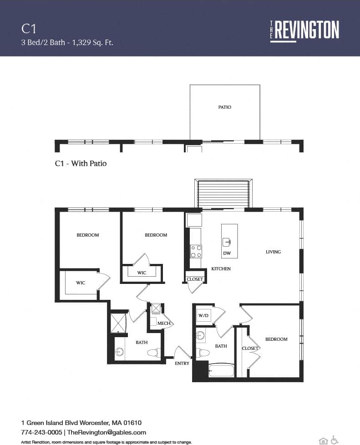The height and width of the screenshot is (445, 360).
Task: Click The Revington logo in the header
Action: pyautogui.click(x=304, y=30)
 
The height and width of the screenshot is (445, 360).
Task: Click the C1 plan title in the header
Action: pyautogui.click(x=29, y=29)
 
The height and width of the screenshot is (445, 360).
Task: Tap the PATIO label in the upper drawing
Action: pyautogui.click(x=224, y=107)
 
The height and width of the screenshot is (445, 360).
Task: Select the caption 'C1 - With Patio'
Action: pyautogui.click(x=81, y=163)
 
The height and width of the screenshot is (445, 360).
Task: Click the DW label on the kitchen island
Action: pyautogui.click(x=227, y=253)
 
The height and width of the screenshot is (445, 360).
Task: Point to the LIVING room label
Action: pyautogui.click(x=273, y=252)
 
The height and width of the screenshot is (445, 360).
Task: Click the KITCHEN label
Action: pyautogui.click(x=221, y=269)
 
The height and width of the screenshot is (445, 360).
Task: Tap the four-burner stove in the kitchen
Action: pyautogui.click(x=196, y=251)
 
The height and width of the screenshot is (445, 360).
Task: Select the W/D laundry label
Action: pyautogui.click(x=203, y=315)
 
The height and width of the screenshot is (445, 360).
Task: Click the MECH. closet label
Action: pyautogui.click(x=163, y=324)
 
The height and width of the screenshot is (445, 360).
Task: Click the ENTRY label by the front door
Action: pyautogui.click(x=182, y=363)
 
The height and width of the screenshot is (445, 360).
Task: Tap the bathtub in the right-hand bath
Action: pyautogui.click(x=221, y=370)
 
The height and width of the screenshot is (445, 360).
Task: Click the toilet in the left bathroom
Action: pyautogui.click(x=153, y=353)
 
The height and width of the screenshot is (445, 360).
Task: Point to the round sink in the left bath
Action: pyautogui.click(x=120, y=352)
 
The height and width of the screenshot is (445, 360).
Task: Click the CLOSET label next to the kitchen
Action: pyautogui.click(x=195, y=279)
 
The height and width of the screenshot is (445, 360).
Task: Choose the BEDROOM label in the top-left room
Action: pyautogui.click(x=87, y=235)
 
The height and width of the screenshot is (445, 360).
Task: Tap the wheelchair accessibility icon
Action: pyautogui.click(x=335, y=440)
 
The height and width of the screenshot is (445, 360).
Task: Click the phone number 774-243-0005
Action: pyautogui.click(x=42, y=432)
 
